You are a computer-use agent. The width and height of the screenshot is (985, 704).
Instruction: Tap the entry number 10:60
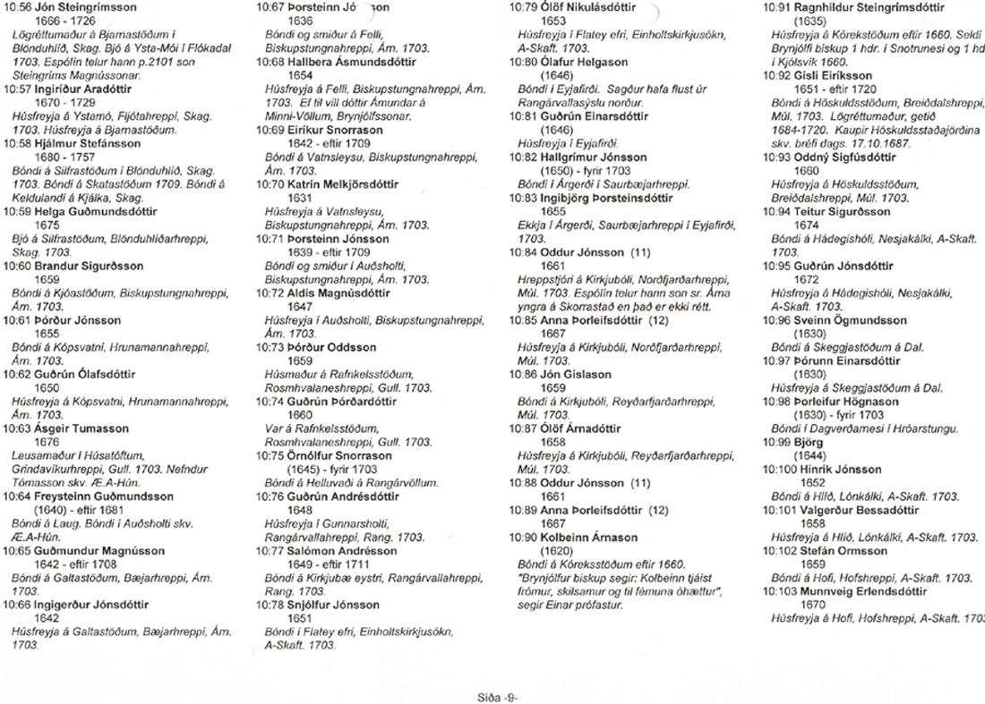click(x=19, y=266)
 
